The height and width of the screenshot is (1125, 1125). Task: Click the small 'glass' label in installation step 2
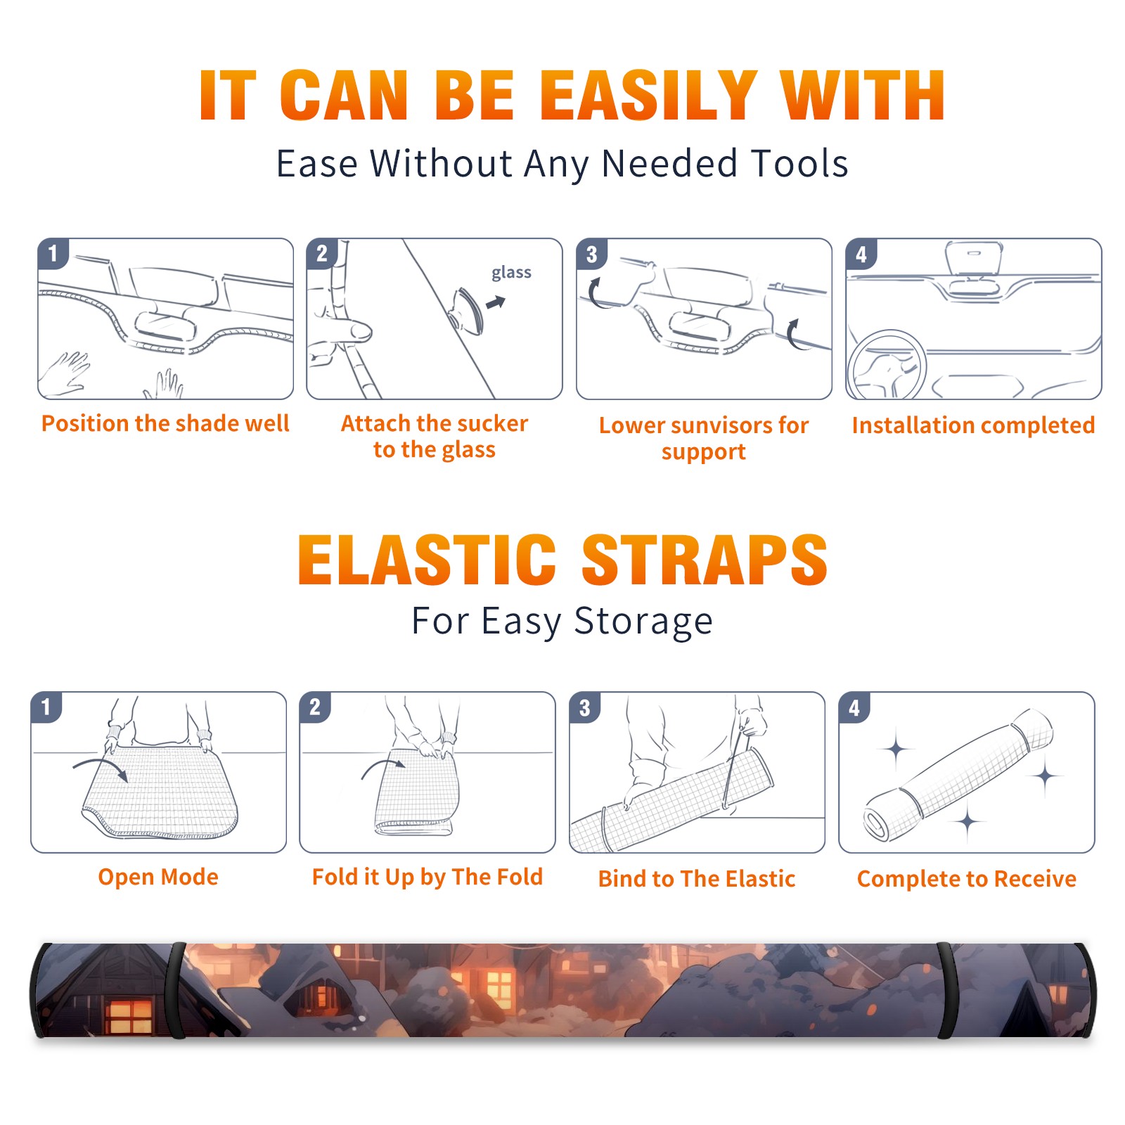pyautogui.click(x=511, y=273)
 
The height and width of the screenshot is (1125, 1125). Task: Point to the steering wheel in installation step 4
pyautogui.click(x=886, y=365)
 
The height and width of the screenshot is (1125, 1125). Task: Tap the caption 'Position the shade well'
pyautogui.click(x=165, y=423)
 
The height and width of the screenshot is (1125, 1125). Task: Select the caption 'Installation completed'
pyautogui.click(x=973, y=425)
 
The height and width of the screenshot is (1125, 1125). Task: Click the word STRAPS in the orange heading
pyautogui.click(x=705, y=560)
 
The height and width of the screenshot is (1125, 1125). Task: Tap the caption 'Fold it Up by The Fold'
pyautogui.click(x=427, y=877)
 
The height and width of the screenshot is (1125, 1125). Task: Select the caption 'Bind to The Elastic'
pyautogui.click(x=697, y=878)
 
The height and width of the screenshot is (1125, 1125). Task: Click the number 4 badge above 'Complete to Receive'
pyautogui.click(x=854, y=707)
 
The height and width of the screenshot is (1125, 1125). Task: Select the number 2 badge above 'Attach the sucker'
pyautogui.click(x=322, y=254)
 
